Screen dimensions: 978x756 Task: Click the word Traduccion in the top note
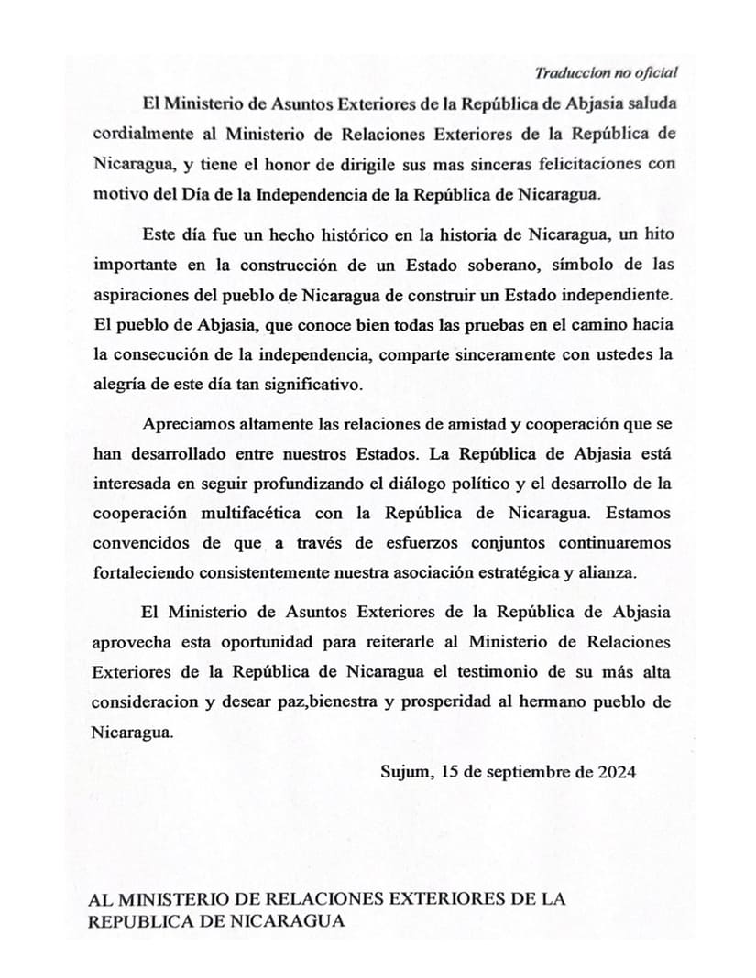tap(569, 73)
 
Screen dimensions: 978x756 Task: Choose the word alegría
tap(121, 385)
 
